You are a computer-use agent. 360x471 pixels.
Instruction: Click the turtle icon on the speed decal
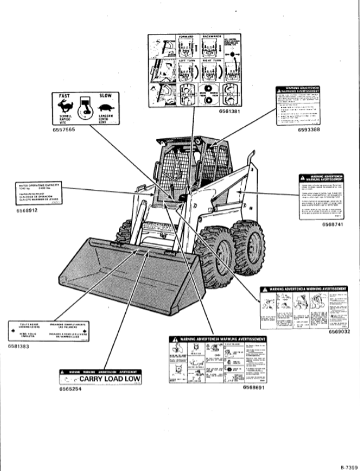tap(105, 107)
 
